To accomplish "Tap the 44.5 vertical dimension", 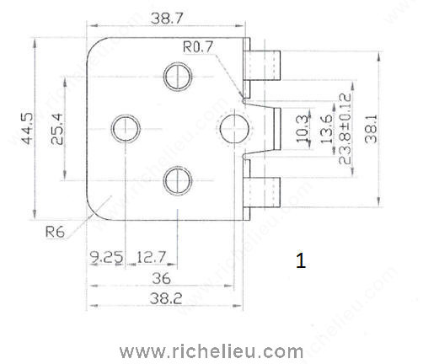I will click(x=27, y=127).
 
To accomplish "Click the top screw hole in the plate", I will click(x=179, y=77).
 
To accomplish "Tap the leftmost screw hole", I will click(x=127, y=128).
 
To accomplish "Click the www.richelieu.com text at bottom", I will click(x=211, y=350).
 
